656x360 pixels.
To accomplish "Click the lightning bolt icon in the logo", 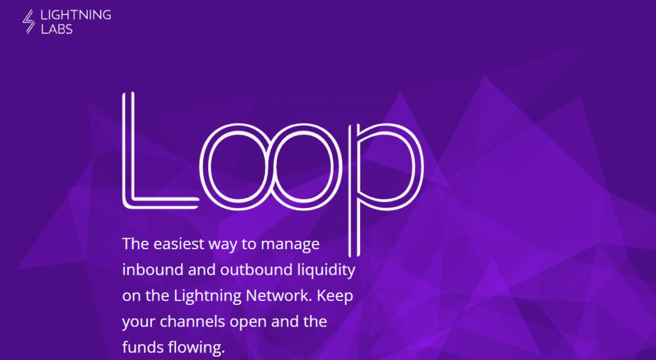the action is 28,21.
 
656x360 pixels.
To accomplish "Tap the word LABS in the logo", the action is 57,29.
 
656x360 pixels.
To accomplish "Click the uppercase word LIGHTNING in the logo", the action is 76,15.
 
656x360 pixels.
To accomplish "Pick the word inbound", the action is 152,270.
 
